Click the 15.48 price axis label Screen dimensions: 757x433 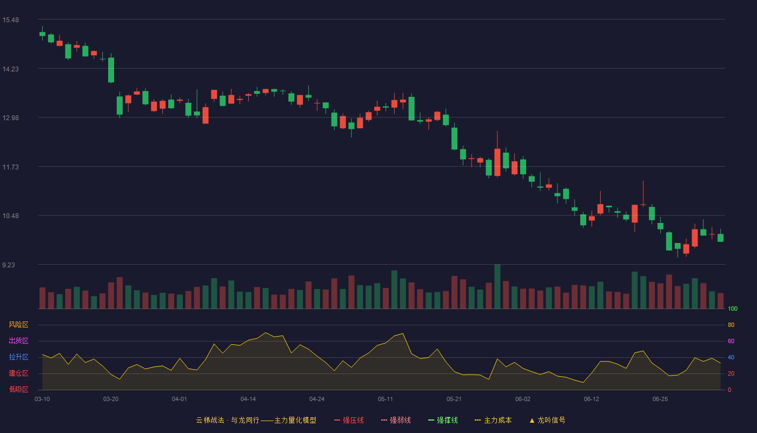(x=10, y=20)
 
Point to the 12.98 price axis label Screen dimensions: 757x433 (x=10, y=118)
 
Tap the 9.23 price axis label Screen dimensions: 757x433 (x=9, y=265)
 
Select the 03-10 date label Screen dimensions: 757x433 (x=42, y=399)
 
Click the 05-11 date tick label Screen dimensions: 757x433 (x=385, y=399)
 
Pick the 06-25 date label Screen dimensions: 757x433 (x=660, y=399)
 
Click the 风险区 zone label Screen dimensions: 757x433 (x=18, y=325)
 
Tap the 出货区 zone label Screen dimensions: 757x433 (x=18, y=340)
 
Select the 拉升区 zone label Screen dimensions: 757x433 (x=18, y=357)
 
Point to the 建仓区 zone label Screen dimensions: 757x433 (x=18, y=373)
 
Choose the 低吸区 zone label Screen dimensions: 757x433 (x=18, y=389)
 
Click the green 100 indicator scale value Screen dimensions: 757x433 (x=733, y=309)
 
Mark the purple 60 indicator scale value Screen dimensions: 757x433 (x=731, y=341)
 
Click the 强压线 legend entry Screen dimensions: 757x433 (x=349, y=420)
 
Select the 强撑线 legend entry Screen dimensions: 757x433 (x=443, y=420)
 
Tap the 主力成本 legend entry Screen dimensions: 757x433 (x=493, y=420)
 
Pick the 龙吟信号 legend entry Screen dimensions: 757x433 (x=547, y=420)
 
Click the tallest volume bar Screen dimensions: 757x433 (x=497, y=286)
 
